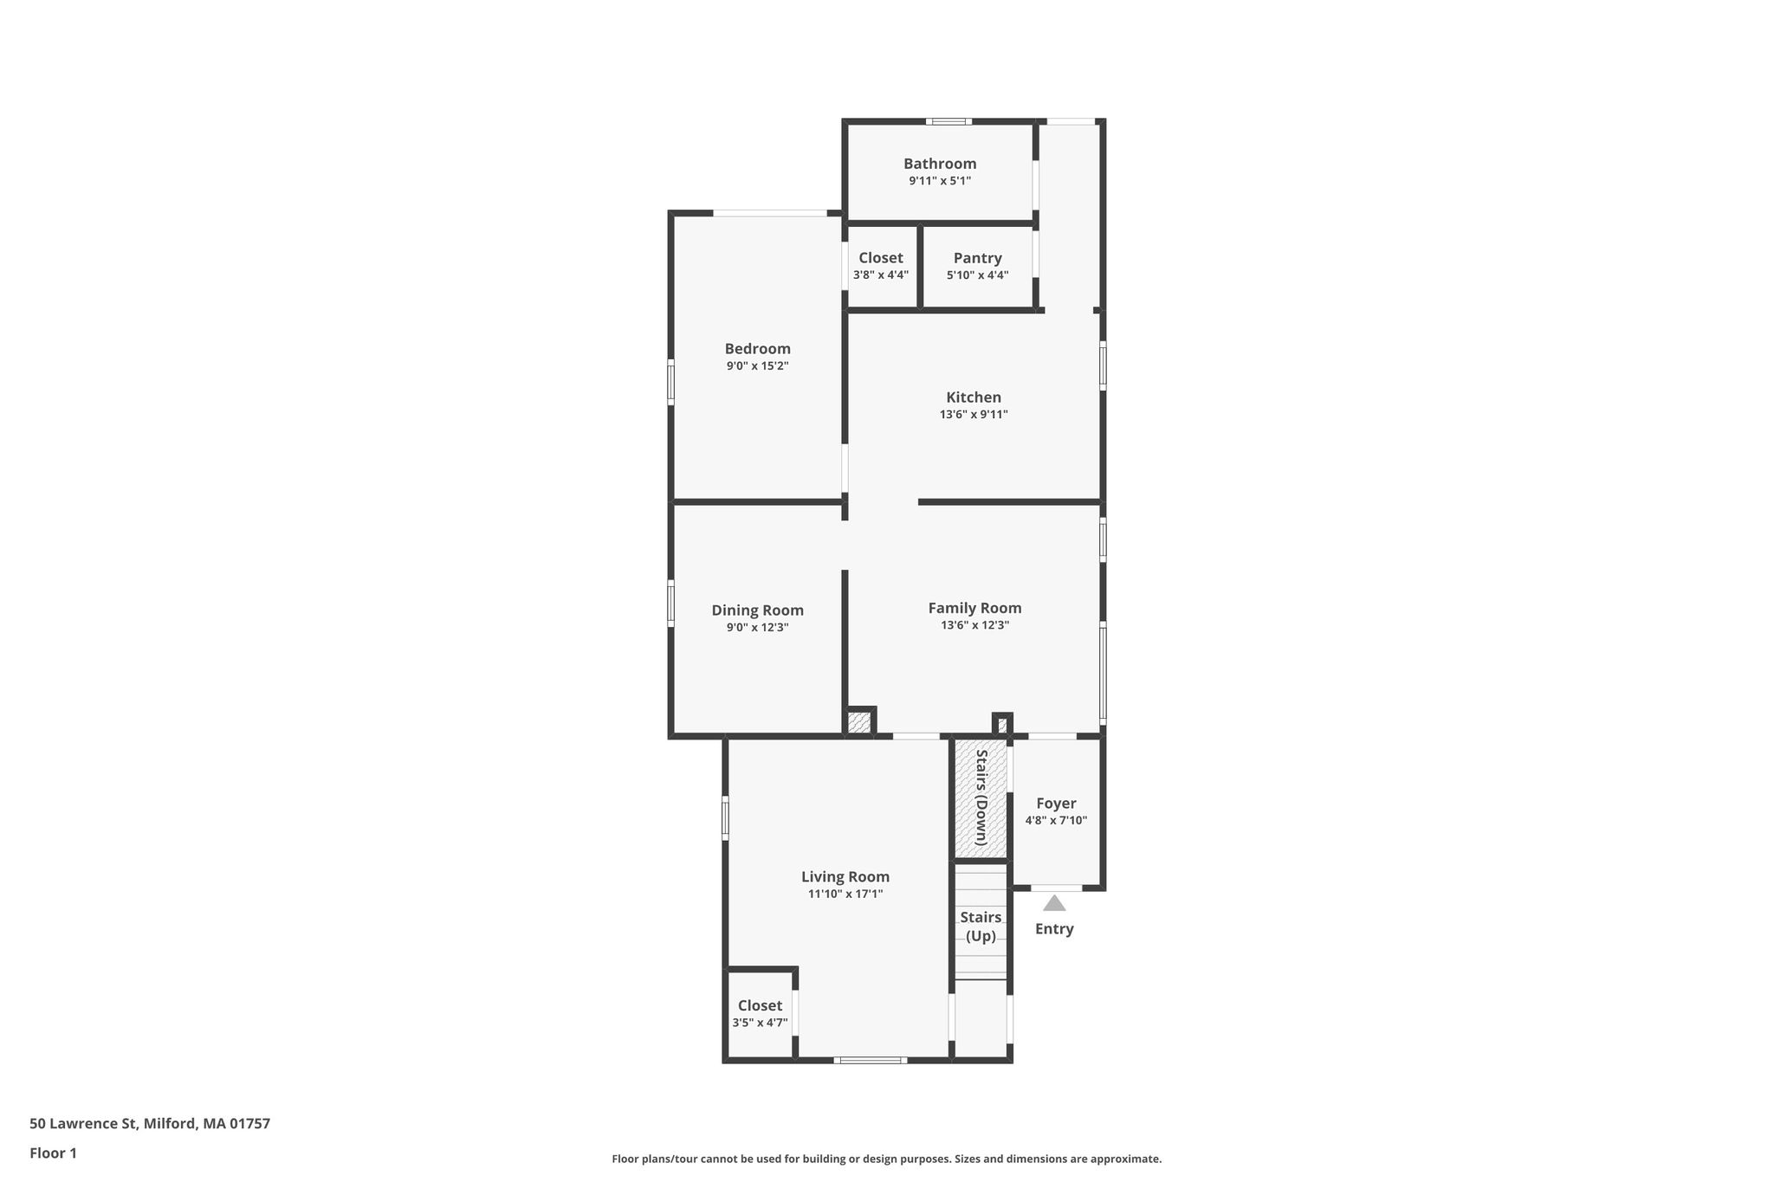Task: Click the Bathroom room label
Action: tap(940, 164)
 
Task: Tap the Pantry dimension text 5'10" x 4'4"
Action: tap(977, 275)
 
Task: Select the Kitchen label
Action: tap(974, 397)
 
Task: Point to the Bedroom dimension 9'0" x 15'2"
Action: tap(758, 366)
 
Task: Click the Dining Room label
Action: tap(758, 610)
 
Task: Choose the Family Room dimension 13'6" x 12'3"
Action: tap(975, 625)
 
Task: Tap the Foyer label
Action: tap(1056, 804)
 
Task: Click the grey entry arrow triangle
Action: tap(1054, 904)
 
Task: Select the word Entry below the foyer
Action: tap(1054, 929)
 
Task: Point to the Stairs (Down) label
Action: tap(981, 797)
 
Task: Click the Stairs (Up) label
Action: tap(981, 927)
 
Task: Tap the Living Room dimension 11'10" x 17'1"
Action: tap(845, 895)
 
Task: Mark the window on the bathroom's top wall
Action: tap(949, 121)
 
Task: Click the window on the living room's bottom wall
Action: tap(871, 1060)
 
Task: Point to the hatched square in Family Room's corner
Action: tap(859, 722)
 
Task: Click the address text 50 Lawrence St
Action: tap(82, 1124)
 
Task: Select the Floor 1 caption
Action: tap(53, 1153)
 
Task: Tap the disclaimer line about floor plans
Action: tap(887, 1159)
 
